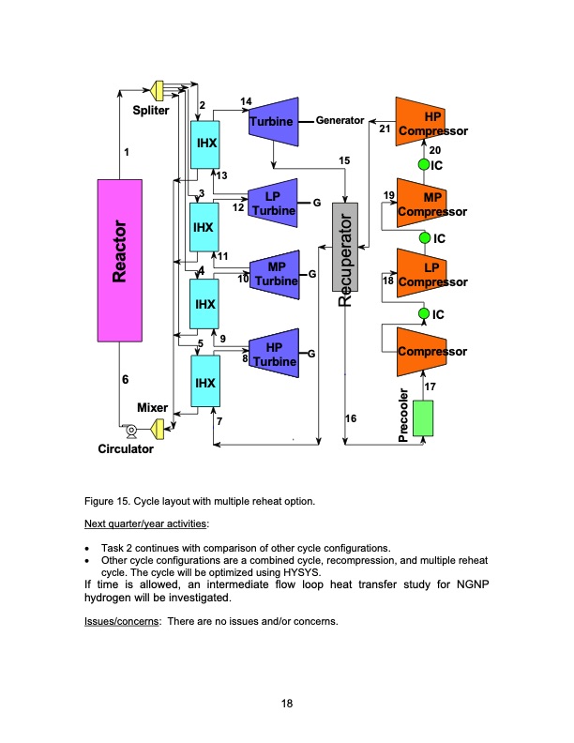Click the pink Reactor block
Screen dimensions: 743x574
pos(120,260)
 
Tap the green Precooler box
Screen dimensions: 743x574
pos(424,417)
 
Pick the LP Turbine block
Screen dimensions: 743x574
pos(274,201)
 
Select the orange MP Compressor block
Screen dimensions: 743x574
pos(423,201)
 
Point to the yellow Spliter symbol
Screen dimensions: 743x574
pos(159,89)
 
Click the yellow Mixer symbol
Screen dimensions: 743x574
pos(158,429)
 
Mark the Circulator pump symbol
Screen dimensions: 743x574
pos(131,431)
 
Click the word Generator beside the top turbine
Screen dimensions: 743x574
pos(340,121)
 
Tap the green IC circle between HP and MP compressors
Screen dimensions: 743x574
pos(424,165)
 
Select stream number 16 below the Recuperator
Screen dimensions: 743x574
pos(351,419)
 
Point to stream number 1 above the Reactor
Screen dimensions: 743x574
pos(126,152)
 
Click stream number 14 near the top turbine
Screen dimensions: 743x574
pos(246,101)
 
